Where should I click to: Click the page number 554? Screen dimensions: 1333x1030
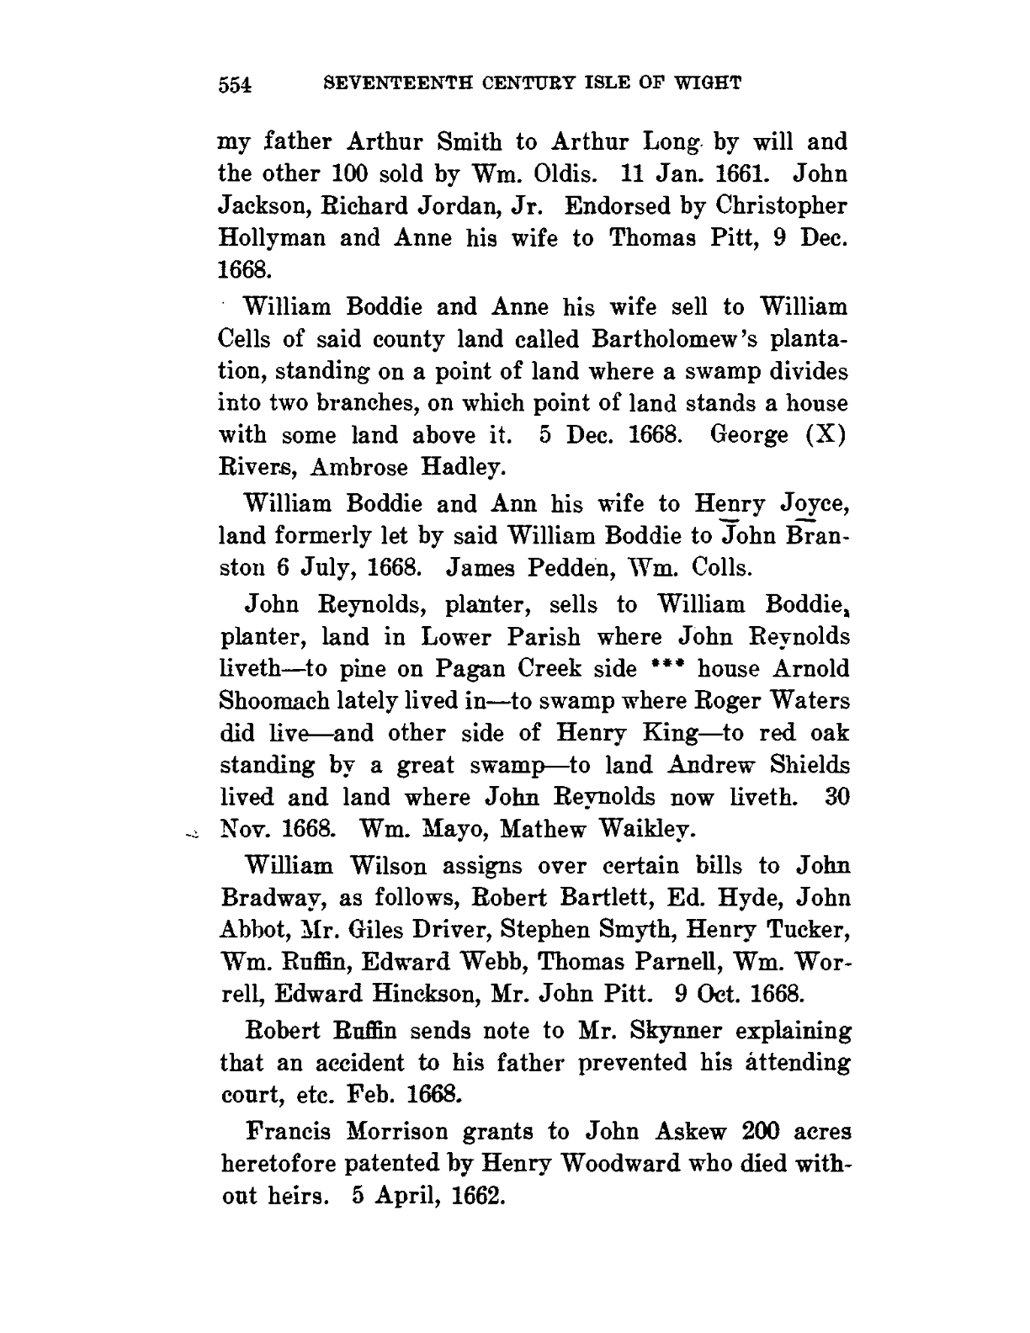[236, 84]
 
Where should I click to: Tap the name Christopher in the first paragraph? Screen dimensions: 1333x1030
[778, 206]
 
